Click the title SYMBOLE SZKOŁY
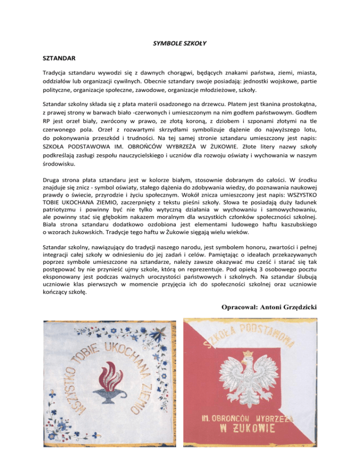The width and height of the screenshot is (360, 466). coord(180,44)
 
